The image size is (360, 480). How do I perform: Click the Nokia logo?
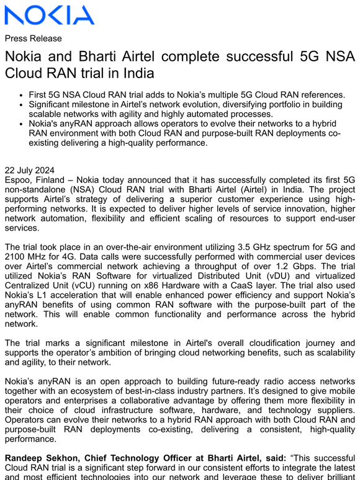point(50,15)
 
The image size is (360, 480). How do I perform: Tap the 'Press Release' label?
point(33,38)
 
